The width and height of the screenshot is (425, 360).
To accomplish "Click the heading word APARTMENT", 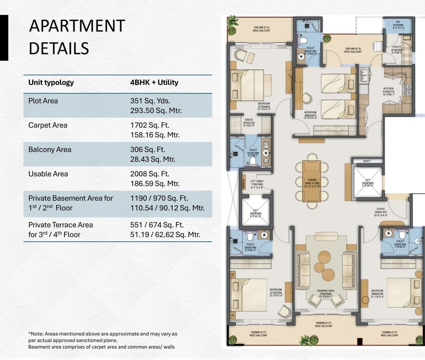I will click(77, 26).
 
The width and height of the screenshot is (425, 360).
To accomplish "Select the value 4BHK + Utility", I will click(154, 82).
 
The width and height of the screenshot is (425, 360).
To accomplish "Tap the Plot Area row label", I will click(43, 101).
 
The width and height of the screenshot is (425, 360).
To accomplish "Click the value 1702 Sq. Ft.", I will click(149, 125).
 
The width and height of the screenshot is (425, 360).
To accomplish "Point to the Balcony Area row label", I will click(49, 149).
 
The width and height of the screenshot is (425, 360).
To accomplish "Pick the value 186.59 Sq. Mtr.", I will click(154, 184).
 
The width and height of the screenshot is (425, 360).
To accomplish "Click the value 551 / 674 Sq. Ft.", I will click(157, 225).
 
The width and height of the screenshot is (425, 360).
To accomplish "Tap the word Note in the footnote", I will click(37, 334).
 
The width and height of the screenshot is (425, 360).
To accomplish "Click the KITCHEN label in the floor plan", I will click(388, 89).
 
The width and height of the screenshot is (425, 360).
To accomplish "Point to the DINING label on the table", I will click(312, 180).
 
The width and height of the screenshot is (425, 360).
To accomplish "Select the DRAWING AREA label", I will click(325, 291).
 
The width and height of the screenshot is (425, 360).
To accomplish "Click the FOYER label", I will click(381, 209).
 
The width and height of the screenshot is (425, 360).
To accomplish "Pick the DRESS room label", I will click(248, 120).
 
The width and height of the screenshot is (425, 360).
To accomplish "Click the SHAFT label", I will click(367, 161).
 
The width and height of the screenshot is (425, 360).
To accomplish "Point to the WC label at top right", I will click(398, 22).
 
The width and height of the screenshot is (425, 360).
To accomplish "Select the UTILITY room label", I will click(396, 47).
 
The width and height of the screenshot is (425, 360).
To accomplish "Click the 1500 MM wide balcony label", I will click(261, 28).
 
